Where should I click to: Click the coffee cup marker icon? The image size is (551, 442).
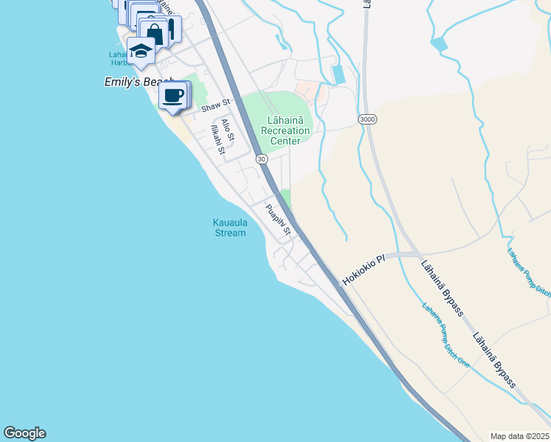tap(173, 95)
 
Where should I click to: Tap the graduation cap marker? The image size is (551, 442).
tap(139, 51)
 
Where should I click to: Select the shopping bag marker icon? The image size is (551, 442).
tap(155, 32)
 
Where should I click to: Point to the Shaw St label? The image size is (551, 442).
tap(216, 108)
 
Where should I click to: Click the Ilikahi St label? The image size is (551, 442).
tap(217, 140)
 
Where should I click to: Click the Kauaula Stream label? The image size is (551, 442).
tap(229, 228)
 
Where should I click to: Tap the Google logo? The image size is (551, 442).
tap(24, 433)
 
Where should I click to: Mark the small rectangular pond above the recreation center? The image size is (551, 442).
tap(338, 74)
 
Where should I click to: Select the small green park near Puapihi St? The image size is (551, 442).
tap(285, 198)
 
